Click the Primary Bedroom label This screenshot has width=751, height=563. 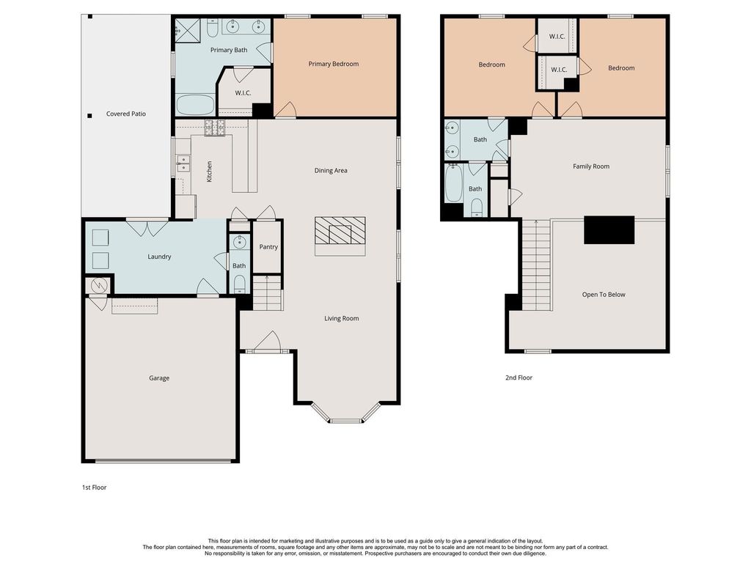tap(334, 64)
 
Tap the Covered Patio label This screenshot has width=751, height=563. tap(126, 114)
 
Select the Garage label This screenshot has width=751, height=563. tap(159, 378)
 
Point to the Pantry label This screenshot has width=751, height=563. tap(268, 247)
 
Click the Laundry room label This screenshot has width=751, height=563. tap(159, 257)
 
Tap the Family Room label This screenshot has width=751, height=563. tap(591, 166)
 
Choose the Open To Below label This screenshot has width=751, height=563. tap(604, 295)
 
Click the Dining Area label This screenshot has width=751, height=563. tap(331, 170)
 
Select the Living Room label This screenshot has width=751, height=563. tap(342, 318)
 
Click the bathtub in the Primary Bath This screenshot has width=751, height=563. tap(195, 105)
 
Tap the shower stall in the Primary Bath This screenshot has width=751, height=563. tap(188, 31)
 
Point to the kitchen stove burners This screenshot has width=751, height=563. tap(215, 128)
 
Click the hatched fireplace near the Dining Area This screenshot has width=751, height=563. tap(340, 231)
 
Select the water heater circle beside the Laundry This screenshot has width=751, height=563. tap(99, 286)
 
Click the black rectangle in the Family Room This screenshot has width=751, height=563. tap(609, 229)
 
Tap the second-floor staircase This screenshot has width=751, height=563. tap(536, 265)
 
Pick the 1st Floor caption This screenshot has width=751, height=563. tap(95, 487)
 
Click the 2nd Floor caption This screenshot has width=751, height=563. tap(519, 378)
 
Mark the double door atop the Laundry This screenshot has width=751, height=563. tap(147, 228)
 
